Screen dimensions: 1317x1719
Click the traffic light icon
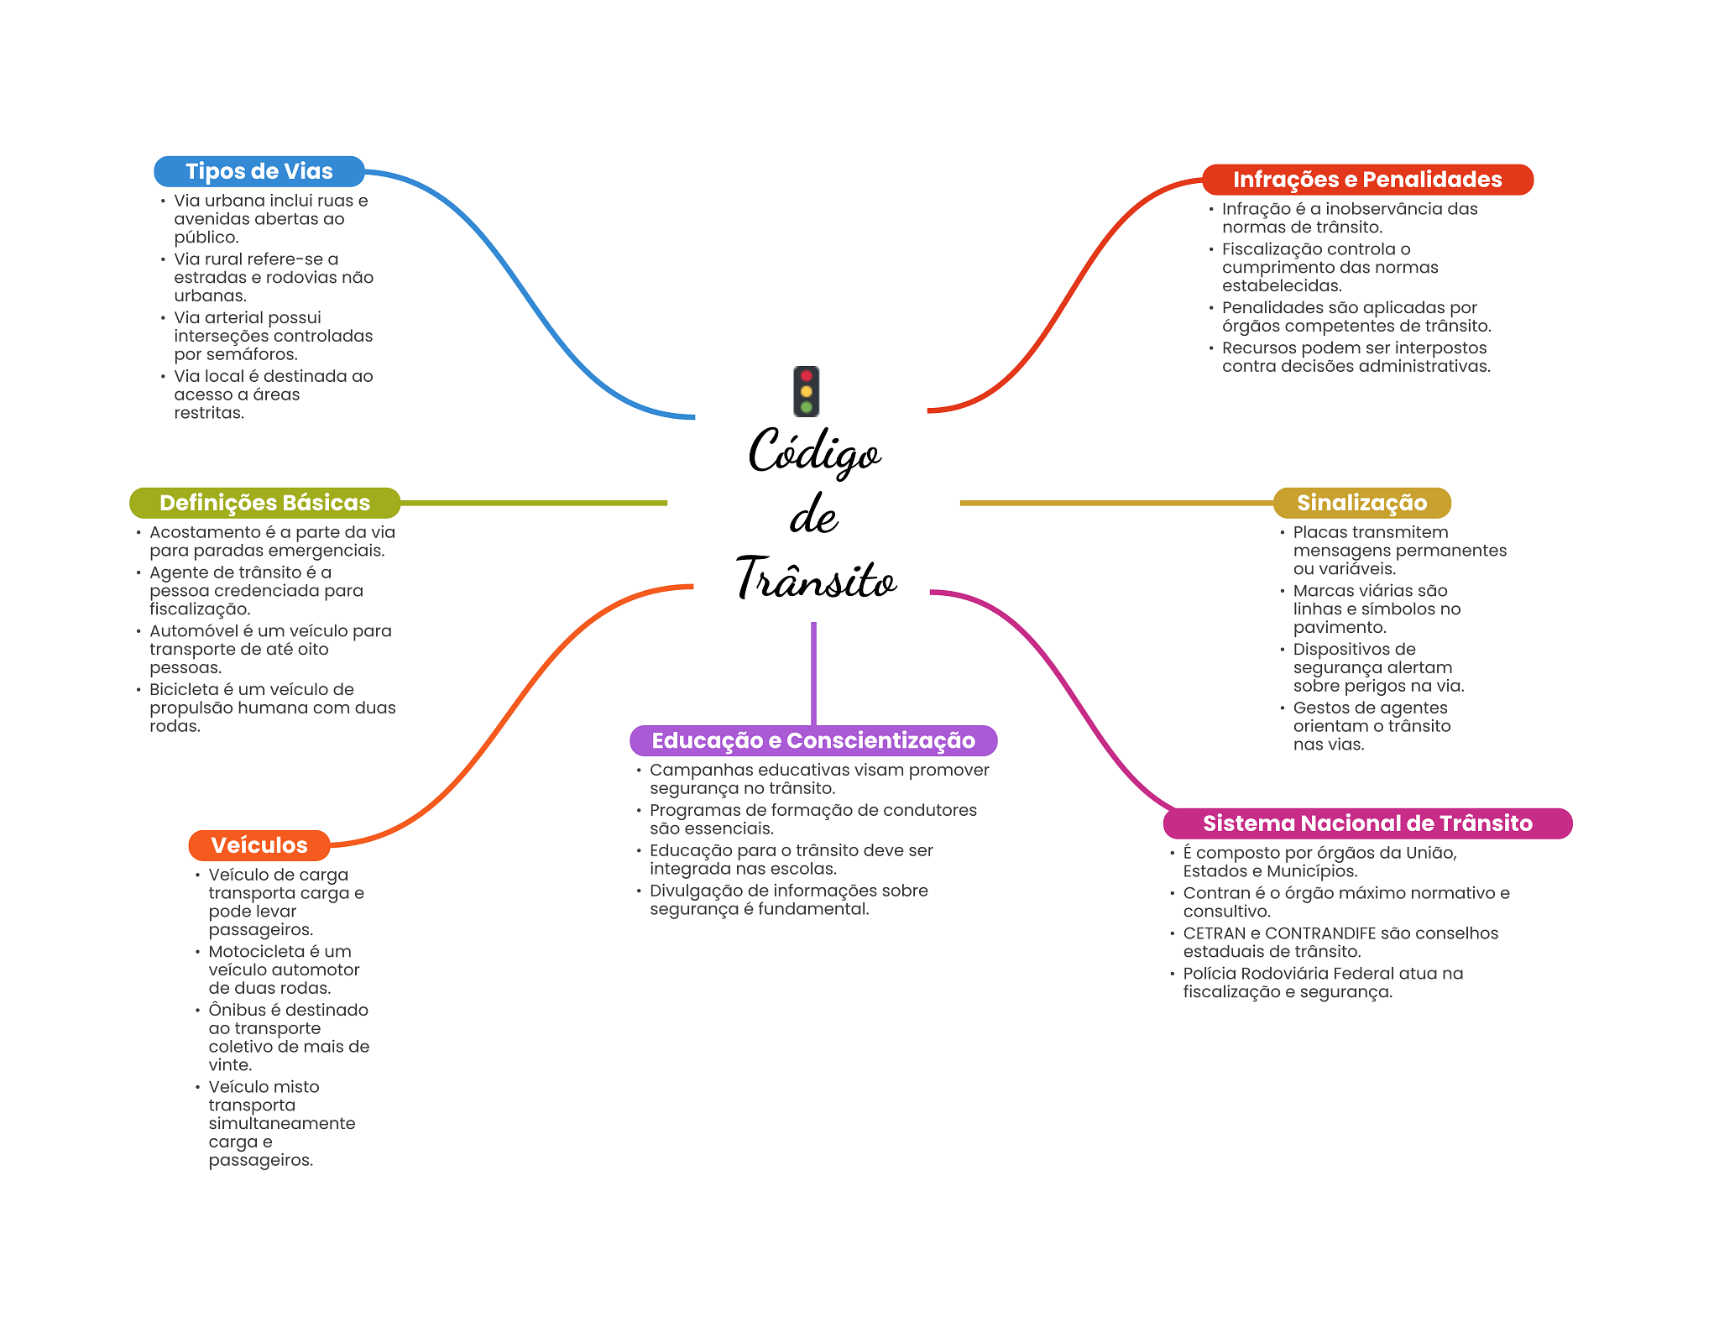(806, 391)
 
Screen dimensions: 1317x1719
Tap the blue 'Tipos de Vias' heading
(259, 171)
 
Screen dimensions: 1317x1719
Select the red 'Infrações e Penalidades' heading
(1366, 180)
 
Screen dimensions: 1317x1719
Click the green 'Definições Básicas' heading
(264, 503)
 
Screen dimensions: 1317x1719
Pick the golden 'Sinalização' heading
(1361, 503)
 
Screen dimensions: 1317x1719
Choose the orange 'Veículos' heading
(259, 845)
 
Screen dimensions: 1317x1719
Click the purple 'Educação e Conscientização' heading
(812, 740)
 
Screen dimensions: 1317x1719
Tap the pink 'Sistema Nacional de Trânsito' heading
(1366, 823)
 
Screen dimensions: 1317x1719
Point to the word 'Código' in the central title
(813, 453)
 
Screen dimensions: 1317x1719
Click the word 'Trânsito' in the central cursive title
(816, 579)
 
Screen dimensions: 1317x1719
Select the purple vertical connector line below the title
(813, 672)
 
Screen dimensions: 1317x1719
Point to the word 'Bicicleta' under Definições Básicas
(184, 690)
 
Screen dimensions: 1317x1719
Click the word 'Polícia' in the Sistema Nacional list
(1209, 974)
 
